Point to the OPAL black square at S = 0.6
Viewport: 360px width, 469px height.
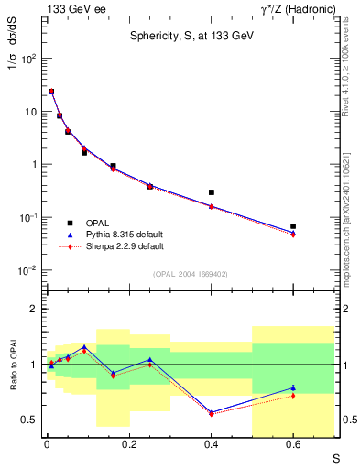tap(293, 225)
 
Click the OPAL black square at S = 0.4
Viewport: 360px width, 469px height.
tap(212, 192)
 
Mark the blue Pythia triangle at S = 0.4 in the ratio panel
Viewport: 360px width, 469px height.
tap(212, 412)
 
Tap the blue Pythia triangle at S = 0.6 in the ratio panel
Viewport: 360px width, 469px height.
tap(293, 387)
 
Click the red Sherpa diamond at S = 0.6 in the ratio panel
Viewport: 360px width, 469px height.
tap(293, 396)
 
